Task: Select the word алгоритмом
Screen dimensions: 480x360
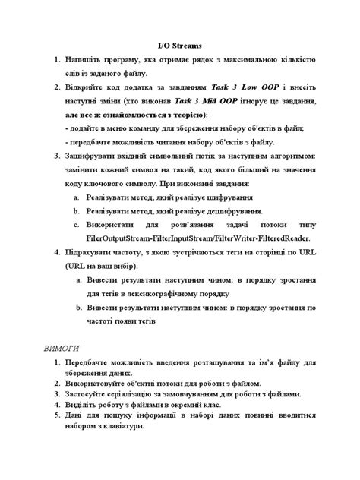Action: pyautogui.click(x=288, y=156)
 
